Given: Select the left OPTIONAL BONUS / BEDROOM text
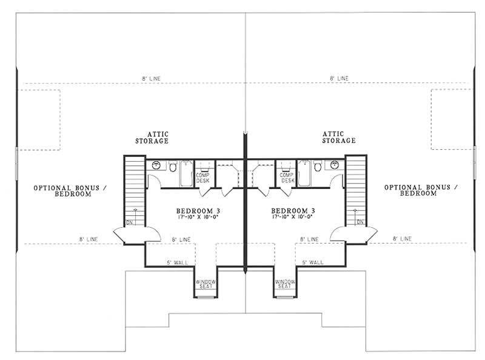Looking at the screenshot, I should pos(62,191).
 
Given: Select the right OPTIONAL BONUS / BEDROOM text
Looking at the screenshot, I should pos(421,191).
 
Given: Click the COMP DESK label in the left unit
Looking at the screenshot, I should pos(202,178).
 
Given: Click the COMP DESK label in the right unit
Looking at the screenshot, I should pos(287,178).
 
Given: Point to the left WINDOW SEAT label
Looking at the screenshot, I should pos(204,285).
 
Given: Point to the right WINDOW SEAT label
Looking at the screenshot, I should pos(285,285).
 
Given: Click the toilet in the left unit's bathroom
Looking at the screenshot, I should pos(172,166).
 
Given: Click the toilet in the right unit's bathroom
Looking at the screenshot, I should pos(318,166).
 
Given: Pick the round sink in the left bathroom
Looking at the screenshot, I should pos(156,165).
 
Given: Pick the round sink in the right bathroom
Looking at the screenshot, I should pos(334,165).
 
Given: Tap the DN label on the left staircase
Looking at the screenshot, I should pos(129,222).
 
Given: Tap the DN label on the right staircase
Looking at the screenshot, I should pos(360,222).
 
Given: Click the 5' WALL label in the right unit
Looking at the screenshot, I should pos(312,262).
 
